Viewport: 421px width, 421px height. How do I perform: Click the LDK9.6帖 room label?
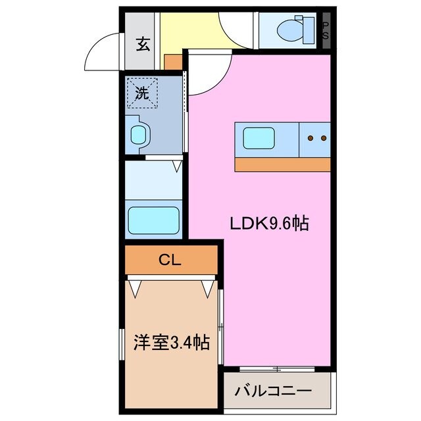[269, 224]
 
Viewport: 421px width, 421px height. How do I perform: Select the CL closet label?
[170, 260]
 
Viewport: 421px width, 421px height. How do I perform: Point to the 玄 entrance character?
[142, 45]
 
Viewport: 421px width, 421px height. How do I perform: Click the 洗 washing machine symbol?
[143, 92]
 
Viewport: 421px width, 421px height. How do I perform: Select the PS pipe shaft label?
[325, 30]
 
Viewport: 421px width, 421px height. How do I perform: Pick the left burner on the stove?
[310, 138]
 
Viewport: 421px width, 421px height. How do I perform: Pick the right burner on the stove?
[323, 138]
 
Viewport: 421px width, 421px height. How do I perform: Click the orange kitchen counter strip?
[282, 164]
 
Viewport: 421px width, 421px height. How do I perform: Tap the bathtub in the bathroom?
[153, 218]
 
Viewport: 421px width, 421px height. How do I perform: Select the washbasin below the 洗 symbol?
[139, 136]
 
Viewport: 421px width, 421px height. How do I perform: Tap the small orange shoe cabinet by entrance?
[172, 62]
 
